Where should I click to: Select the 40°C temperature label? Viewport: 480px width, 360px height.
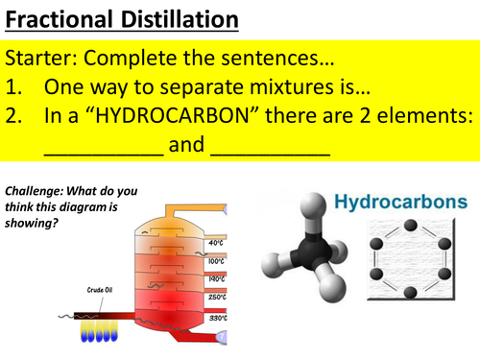click(216, 244)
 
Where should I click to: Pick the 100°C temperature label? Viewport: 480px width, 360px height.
click(216, 260)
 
